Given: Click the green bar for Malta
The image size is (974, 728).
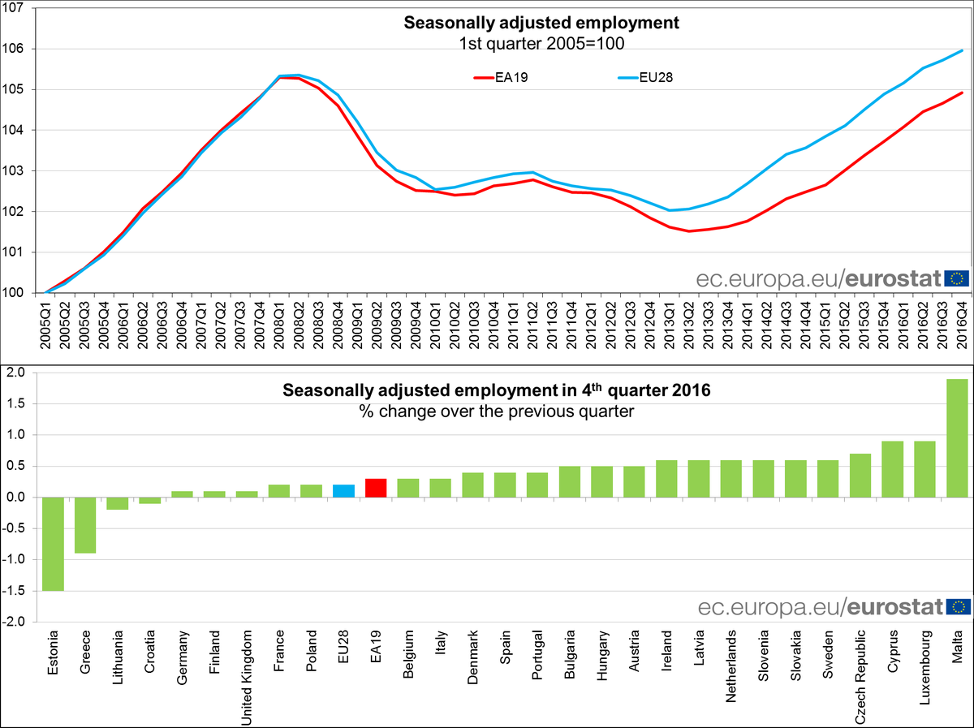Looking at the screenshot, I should [957, 438].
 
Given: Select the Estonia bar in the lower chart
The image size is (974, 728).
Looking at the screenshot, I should [53, 544].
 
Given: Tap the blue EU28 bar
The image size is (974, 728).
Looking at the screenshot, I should [343, 491].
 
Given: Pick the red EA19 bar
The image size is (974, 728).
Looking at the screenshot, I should [376, 488].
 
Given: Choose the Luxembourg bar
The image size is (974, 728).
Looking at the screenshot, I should [924, 469].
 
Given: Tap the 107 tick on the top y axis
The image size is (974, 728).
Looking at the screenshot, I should [15, 8].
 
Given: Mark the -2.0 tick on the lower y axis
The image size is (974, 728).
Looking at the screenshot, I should [15, 622].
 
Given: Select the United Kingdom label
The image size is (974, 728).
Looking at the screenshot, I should [247, 675].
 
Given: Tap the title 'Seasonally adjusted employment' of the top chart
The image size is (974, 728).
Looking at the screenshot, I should [541, 23].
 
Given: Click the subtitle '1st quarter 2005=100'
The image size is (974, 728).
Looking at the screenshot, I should [541, 43].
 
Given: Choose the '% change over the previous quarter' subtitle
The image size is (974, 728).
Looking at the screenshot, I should [497, 411].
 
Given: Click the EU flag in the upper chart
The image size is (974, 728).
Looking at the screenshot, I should [957, 278].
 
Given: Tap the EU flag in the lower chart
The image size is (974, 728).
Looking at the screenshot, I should [957, 606].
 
